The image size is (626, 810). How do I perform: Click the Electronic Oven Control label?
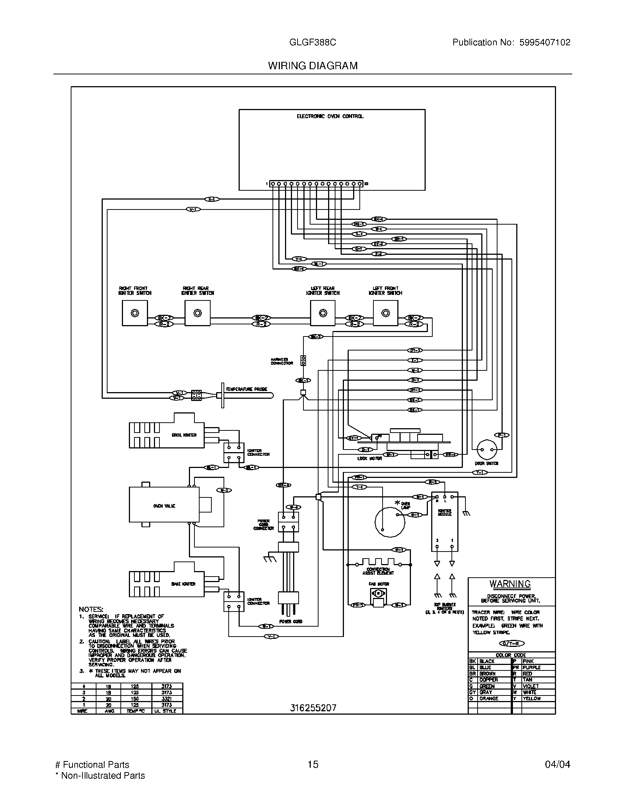pyautogui.click(x=330, y=116)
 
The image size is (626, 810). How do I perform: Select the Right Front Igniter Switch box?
pyautogui.click(x=135, y=313)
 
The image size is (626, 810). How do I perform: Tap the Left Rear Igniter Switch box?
pyautogui.click(x=323, y=313)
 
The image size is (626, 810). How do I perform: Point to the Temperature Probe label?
pyautogui.click(x=246, y=389)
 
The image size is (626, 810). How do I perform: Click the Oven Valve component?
pyautogui.click(x=164, y=506)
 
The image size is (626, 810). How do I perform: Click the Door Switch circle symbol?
pyautogui.click(x=486, y=450)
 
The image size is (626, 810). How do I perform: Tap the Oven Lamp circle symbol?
pyautogui.click(x=389, y=522)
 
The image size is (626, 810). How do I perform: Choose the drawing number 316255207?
pyautogui.click(x=313, y=708)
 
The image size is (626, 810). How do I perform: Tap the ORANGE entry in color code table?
pyautogui.click(x=489, y=698)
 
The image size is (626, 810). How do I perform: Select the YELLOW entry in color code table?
pyautogui.click(x=531, y=698)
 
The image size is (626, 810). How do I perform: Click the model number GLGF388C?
pyautogui.click(x=313, y=42)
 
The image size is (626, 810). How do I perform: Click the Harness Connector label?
pyautogui.click(x=282, y=361)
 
